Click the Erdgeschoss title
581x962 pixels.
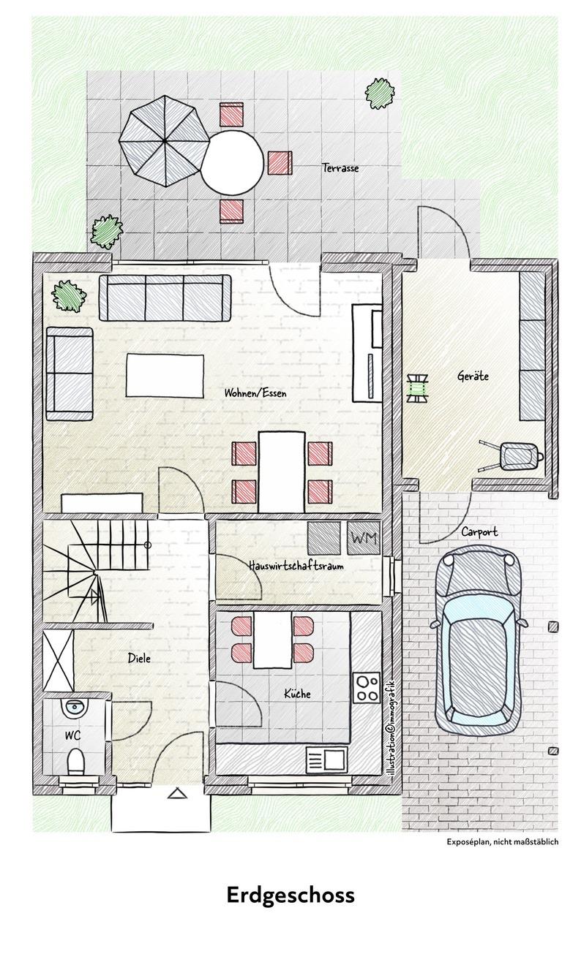point(290,896)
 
